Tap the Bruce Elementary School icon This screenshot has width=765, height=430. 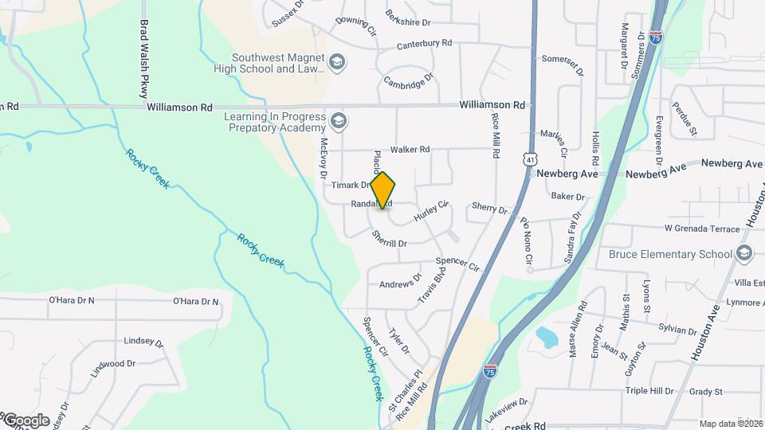coord(744,254)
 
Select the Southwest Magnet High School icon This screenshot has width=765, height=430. coord(338,62)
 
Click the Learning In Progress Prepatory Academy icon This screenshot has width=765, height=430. coord(338,121)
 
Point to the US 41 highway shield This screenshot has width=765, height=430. coord(529,159)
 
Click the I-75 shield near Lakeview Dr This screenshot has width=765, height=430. coord(491,371)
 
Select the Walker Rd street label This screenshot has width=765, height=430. coord(410,150)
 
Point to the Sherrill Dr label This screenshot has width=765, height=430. coord(390,239)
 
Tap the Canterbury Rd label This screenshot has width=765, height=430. coord(424,43)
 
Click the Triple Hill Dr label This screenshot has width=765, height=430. coord(649,391)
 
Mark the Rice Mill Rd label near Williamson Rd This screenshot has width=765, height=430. coord(496,135)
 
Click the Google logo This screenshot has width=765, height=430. coord(26,420)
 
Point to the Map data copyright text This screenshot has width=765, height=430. coord(729,424)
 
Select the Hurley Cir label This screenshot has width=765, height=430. coord(431,212)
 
